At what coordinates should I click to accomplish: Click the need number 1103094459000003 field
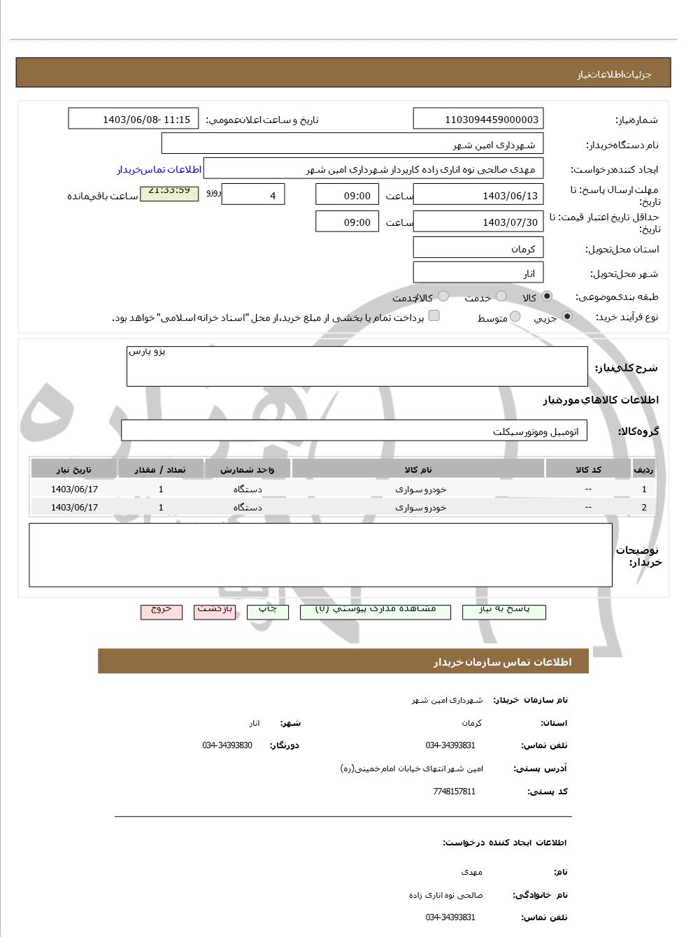point(478,119)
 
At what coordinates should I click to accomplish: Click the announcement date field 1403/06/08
point(134,119)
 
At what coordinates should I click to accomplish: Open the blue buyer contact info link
point(159,170)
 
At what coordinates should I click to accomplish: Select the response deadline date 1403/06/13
point(478,195)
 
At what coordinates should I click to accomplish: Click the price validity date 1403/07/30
point(478,222)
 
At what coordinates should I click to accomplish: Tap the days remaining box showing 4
point(252,195)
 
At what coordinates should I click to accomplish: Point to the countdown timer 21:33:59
point(169,191)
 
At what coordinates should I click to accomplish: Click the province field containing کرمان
point(478,248)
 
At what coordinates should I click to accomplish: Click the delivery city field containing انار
point(478,273)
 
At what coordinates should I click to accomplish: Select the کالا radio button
point(547,296)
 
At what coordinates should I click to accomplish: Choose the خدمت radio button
point(501,296)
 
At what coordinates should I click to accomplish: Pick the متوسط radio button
point(515,317)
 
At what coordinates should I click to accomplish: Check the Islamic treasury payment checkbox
point(434,315)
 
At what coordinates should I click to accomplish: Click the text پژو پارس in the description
point(147,352)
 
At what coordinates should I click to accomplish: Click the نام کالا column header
point(417,469)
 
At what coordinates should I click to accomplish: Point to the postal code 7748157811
point(454,792)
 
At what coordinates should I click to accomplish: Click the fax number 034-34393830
point(227,745)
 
